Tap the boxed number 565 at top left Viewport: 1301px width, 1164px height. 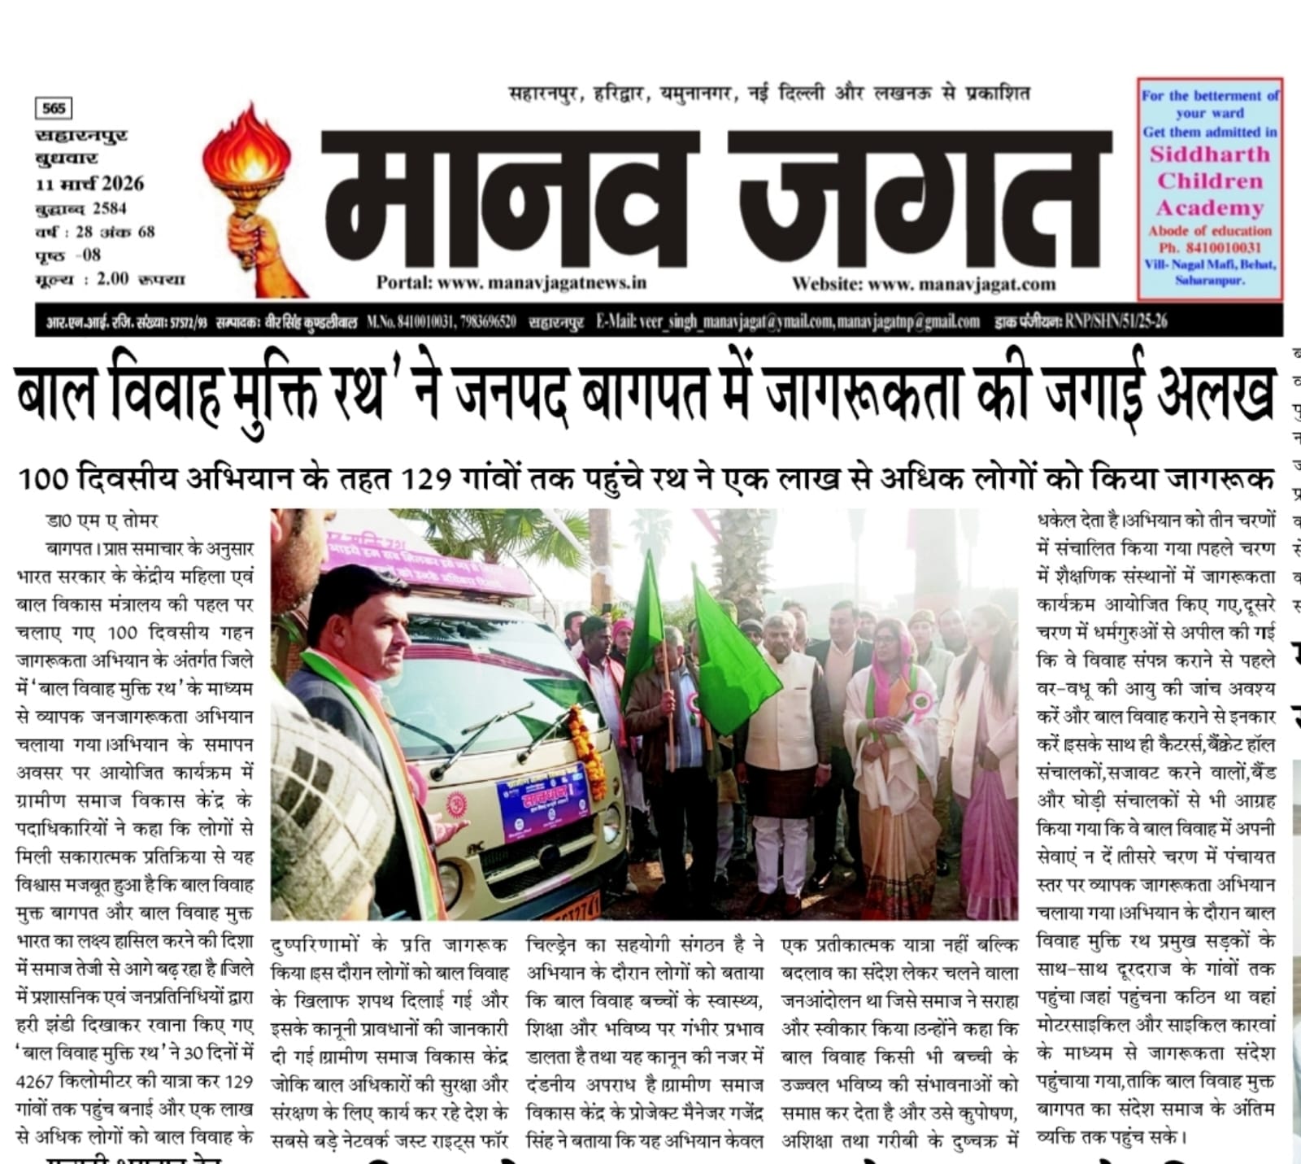54,108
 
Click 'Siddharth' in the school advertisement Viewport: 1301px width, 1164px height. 1209,155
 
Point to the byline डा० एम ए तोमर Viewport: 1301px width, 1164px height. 102,521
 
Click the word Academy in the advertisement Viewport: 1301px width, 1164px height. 1209,208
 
